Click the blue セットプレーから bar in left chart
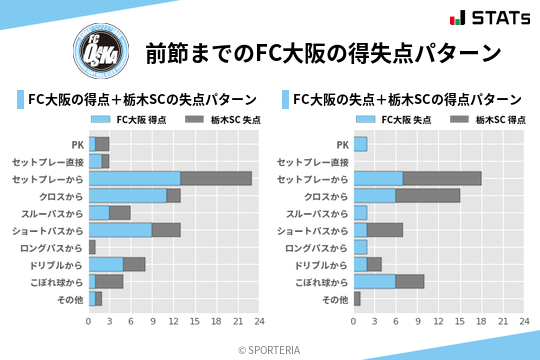pos(134,178)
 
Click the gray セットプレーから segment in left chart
pos(216,178)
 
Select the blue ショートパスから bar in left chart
pos(120,230)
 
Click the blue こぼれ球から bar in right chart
pos(374,282)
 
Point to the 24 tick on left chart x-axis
pos(259,322)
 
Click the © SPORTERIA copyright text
pos(270,349)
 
